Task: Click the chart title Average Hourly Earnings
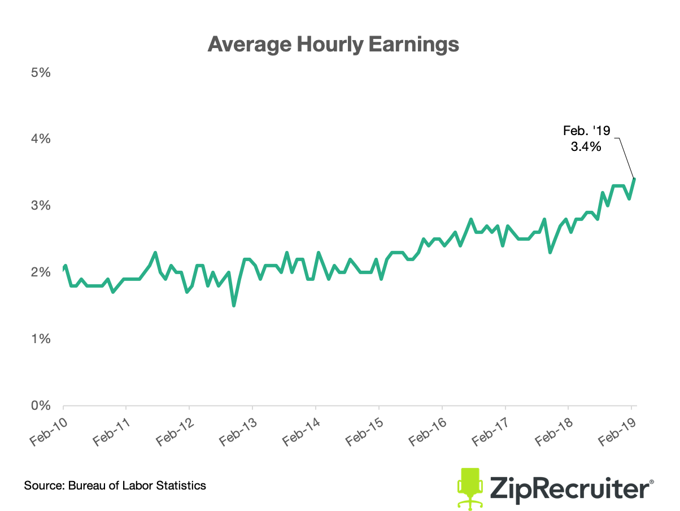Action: point(333,44)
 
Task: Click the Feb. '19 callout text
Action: point(587,131)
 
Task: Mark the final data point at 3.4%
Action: point(634,179)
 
